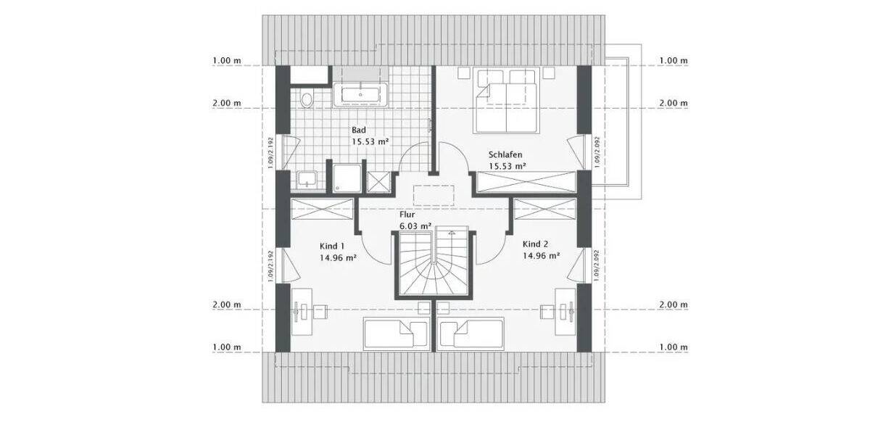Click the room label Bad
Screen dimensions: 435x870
[x=359, y=130]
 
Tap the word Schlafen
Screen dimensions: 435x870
[x=505, y=155]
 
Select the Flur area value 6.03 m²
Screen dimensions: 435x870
[x=415, y=225]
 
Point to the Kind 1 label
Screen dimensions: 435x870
[x=332, y=245]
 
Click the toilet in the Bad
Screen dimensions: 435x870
[x=306, y=99]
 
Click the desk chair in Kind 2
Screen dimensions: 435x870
[x=545, y=312]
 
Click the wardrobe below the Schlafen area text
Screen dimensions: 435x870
[x=526, y=181]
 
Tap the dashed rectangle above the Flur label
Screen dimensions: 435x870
[x=434, y=196]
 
